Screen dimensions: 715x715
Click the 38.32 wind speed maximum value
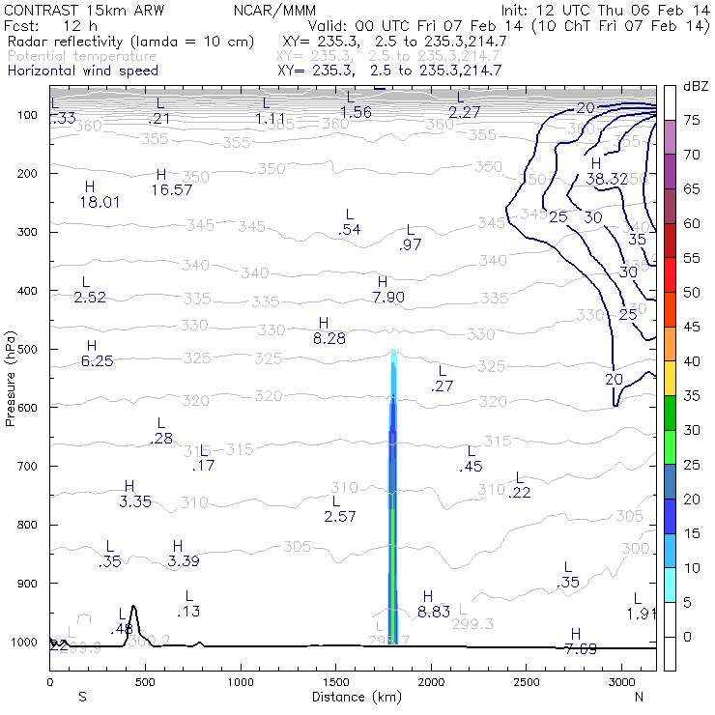[x=607, y=179]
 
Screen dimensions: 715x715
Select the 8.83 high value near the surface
[x=434, y=612]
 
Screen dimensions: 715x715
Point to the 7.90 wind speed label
[x=388, y=298]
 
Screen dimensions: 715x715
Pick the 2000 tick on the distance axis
[x=431, y=682]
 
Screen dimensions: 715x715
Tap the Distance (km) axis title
[x=353, y=696]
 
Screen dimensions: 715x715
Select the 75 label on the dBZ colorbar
[x=692, y=121]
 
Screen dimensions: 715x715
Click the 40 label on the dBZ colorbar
[x=692, y=361]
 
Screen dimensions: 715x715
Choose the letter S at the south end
[x=82, y=696]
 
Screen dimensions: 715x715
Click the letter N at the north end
[x=639, y=696]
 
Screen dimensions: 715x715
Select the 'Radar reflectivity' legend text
[x=130, y=42]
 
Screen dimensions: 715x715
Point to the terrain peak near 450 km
[x=133, y=609]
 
